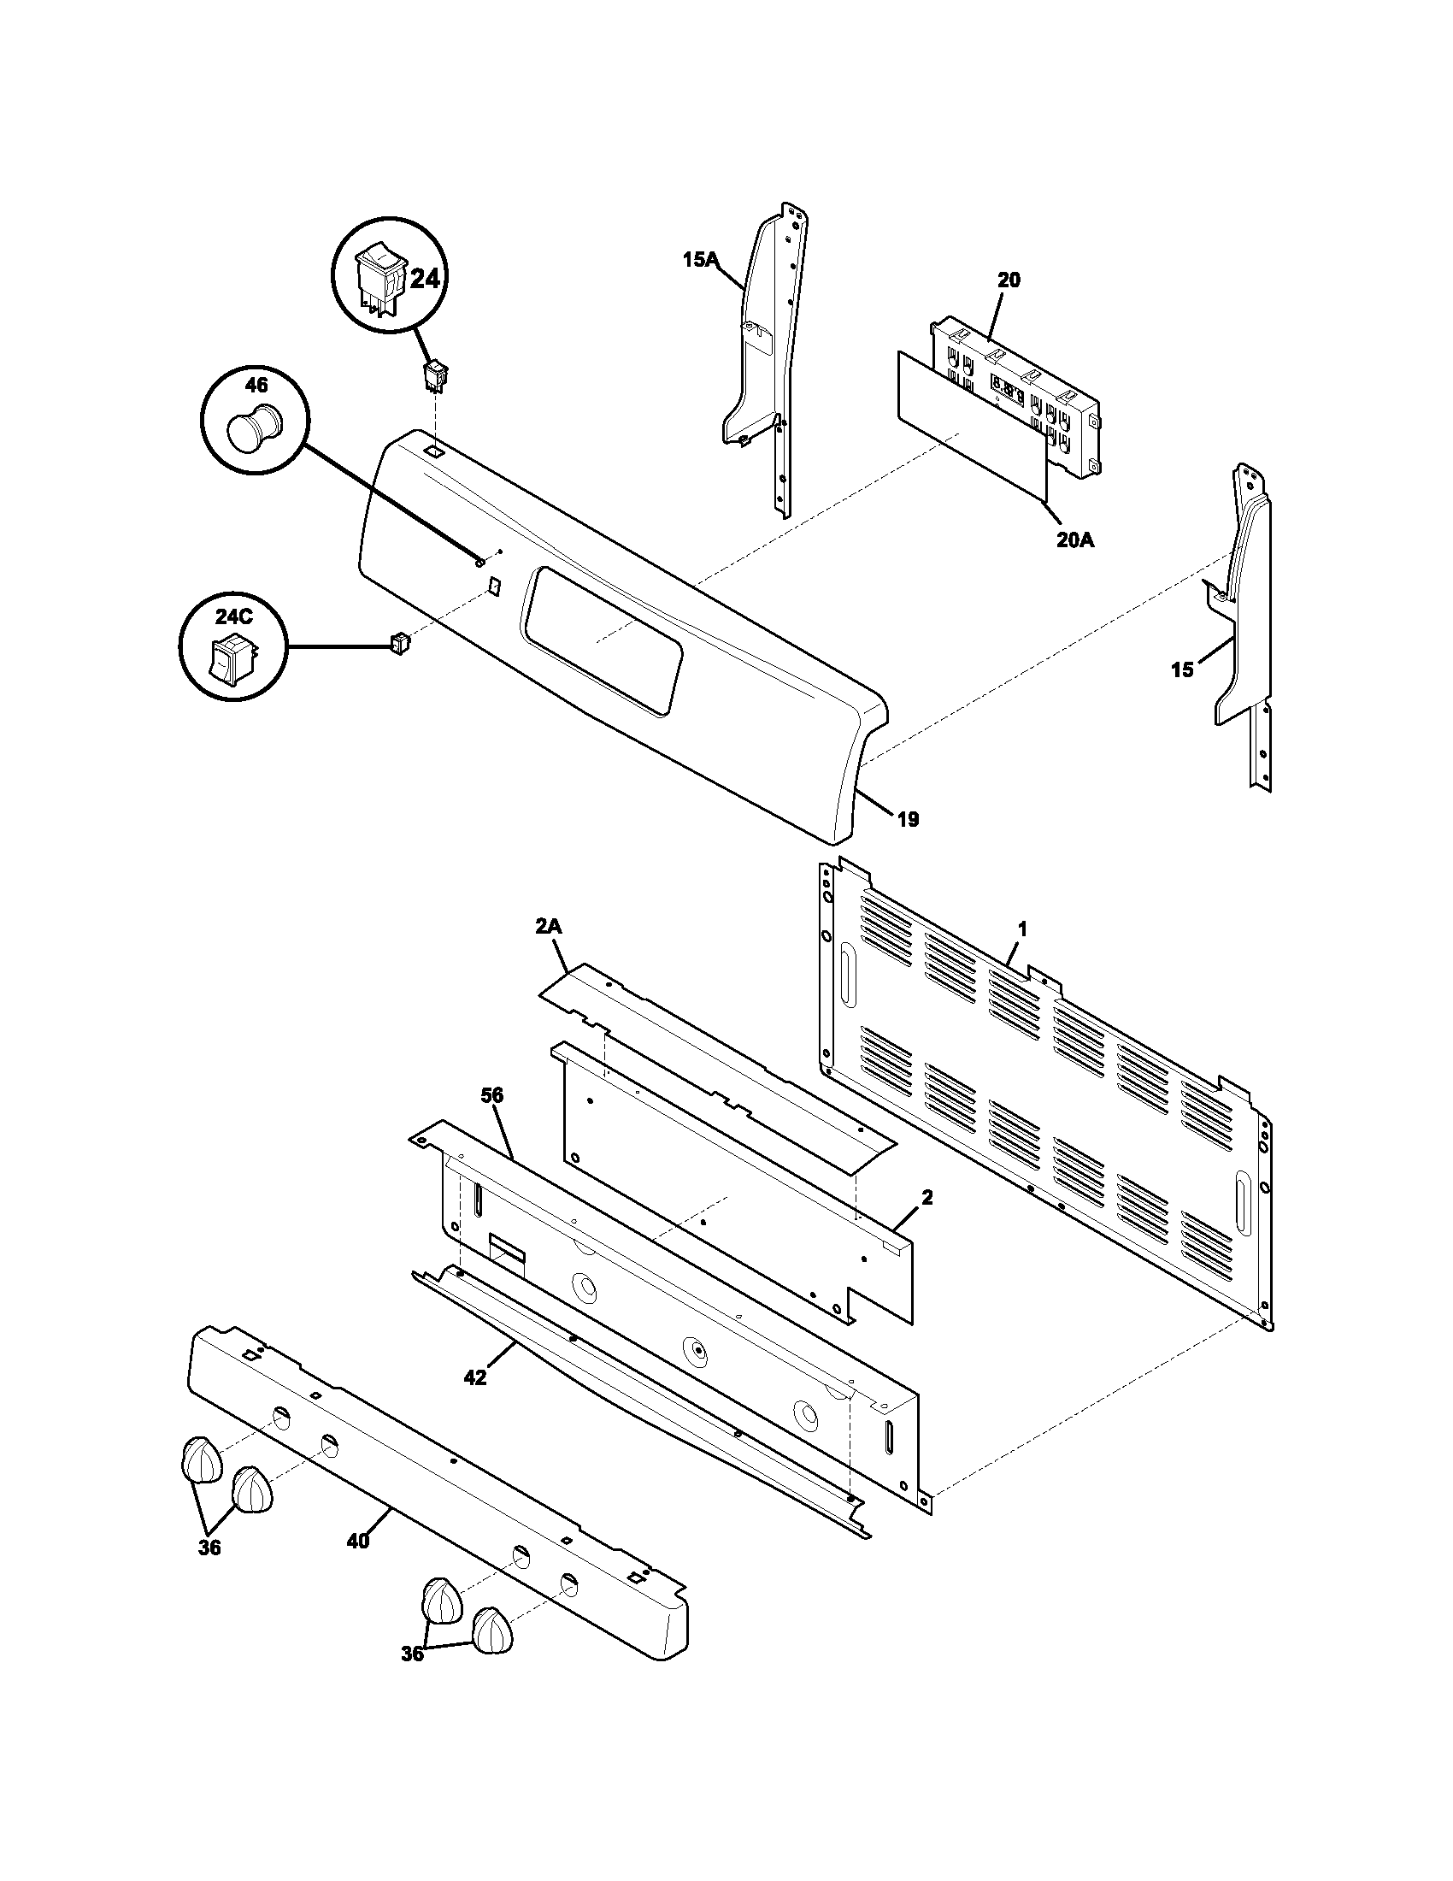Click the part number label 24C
234,616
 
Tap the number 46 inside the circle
256,384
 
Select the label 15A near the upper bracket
701,258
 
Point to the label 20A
1075,541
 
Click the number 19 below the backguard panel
908,819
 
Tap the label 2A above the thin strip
549,927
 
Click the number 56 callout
492,1096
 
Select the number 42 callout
474,1378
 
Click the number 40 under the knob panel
358,1541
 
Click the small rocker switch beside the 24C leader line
399,641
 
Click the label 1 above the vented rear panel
1022,929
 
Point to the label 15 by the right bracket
1183,669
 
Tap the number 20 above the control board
1009,280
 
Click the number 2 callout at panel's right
927,1198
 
